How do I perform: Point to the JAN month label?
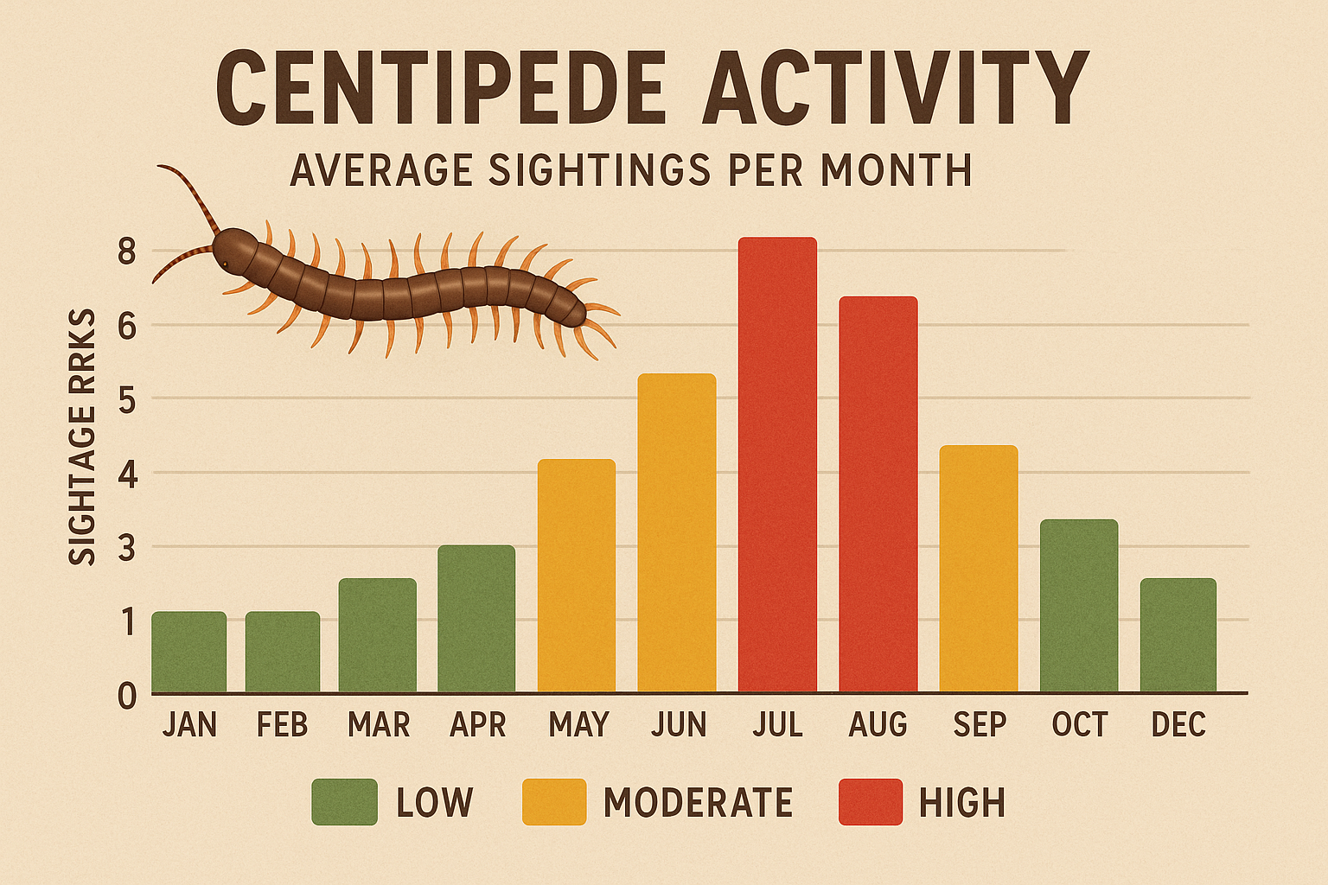(x=189, y=724)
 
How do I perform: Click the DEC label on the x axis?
(x=1178, y=724)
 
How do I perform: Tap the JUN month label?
(x=678, y=724)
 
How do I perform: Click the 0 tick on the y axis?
(x=127, y=696)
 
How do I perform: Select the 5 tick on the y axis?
(x=127, y=399)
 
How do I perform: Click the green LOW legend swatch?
(x=344, y=802)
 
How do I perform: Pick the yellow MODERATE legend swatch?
(x=554, y=802)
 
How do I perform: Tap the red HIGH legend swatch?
(x=871, y=802)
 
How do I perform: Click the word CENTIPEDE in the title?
(x=440, y=89)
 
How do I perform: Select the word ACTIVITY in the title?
(x=894, y=89)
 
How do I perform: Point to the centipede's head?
(x=231, y=248)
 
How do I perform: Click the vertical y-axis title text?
(x=82, y=437)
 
